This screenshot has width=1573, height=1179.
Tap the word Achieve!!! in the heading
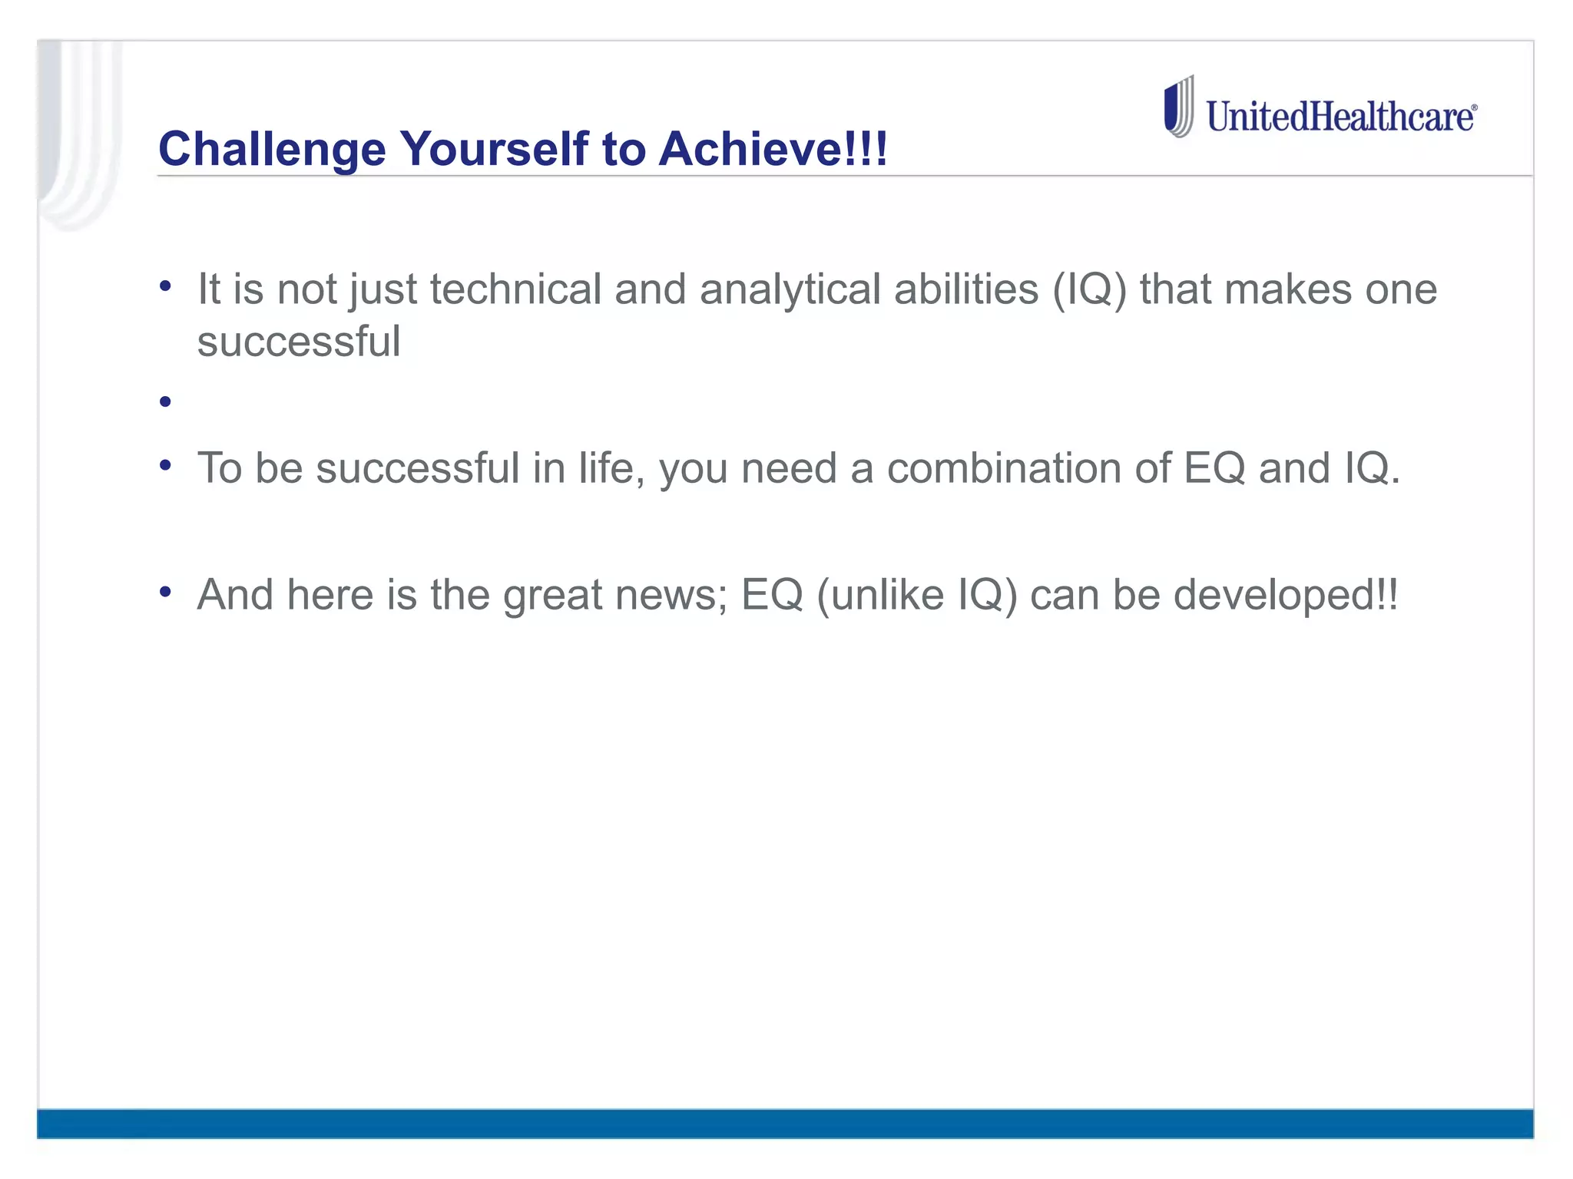click(773, 149)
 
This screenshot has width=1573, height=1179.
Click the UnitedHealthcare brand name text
click(1341, 117)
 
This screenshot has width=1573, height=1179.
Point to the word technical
click(515, 289)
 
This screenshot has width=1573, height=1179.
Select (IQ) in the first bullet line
click(1089, 289)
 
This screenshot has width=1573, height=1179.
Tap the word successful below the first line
click(299, 342)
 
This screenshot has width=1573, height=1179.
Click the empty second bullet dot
click(165, 401)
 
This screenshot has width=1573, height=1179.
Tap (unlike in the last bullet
click(880, 595)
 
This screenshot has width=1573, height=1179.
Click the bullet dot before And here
click(165, 592)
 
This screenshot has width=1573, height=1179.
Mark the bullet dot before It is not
click(165, 287)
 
